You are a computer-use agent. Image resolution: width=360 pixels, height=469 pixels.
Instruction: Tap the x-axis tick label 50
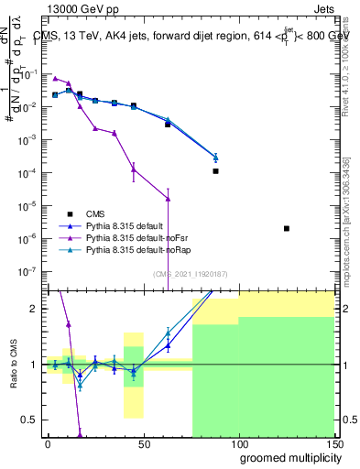pos(143,442)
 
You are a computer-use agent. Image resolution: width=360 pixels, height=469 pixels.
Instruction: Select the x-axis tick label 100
pos(238,442)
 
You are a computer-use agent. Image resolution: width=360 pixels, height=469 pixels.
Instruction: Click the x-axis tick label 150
pos(333,442)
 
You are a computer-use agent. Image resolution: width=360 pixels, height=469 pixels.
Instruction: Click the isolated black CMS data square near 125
pos(287,228)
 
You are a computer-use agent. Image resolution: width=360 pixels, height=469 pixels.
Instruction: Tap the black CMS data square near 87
pos(215,171)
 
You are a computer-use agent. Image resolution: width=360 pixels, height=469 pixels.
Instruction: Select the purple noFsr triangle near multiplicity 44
pos(134,169)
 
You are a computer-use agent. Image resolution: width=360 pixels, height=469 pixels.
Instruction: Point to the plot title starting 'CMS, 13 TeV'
pos(188,36)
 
